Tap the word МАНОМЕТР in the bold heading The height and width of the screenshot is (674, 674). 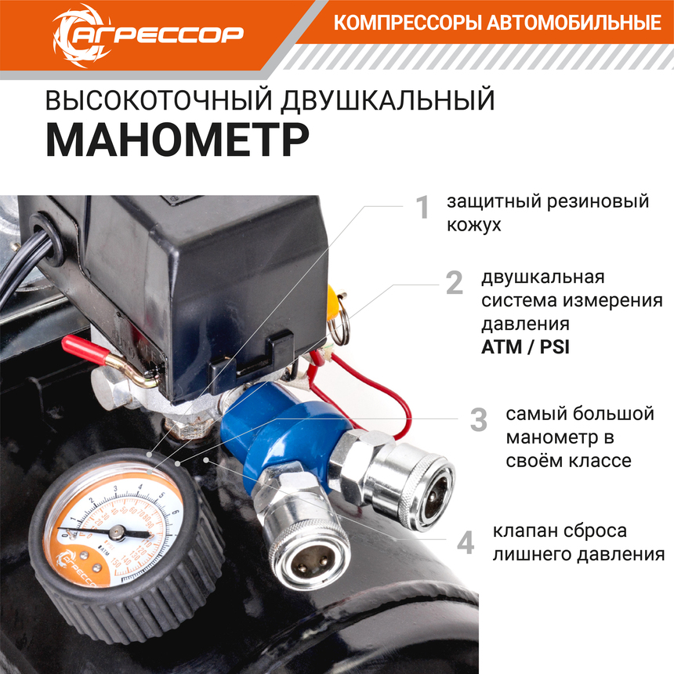click(x=178, y=140)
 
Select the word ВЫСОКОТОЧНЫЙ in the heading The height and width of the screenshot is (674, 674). click(x=158, y=100)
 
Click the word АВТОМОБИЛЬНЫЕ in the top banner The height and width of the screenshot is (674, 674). click(x=574, y=23)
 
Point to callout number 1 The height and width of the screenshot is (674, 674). click(x=423, y=207)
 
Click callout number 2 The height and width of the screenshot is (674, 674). click(x=455, y=283)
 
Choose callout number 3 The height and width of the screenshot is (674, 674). click(x=478, y=419)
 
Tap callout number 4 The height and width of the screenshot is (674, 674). click(x=466, y=542)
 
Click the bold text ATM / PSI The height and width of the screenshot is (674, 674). click(x=525, y=347)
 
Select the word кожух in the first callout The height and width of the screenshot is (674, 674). click(x=473, y=225)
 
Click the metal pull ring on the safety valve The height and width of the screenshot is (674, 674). click(x=339, y=319)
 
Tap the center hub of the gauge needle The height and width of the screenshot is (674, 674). click(x=117, y=533)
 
